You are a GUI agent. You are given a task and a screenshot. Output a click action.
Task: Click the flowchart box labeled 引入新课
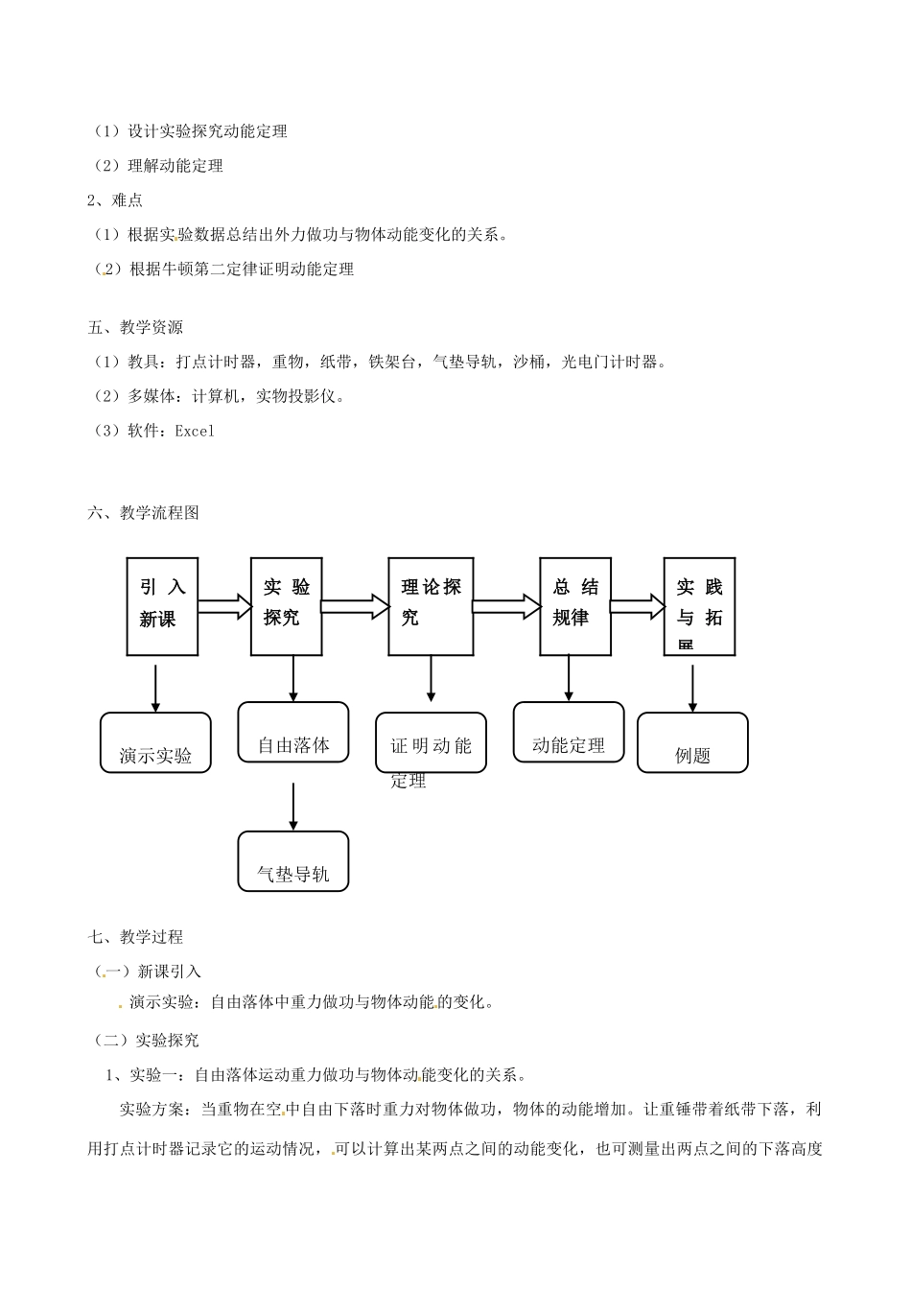(162, 606)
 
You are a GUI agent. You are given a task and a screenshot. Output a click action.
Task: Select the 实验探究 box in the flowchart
(286, 606)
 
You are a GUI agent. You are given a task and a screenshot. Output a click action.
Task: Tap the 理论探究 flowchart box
(431, 606)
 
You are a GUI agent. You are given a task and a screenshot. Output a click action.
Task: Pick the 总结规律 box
(574, 606)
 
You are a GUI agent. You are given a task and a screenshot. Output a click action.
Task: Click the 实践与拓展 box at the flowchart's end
(699, 606)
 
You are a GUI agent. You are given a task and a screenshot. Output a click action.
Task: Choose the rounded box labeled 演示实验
(155, 743)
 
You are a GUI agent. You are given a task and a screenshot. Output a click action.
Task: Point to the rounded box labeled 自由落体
(293, 733)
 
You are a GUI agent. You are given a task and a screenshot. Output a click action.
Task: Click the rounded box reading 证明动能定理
(431, 743)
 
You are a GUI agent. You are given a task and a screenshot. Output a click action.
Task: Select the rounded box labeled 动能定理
(569, 733)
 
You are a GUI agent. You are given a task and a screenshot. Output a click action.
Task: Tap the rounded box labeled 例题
(692, 743)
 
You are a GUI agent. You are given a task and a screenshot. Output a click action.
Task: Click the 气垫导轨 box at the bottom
(293, 861)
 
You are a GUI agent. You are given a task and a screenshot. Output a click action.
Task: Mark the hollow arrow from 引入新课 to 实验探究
(224, 606)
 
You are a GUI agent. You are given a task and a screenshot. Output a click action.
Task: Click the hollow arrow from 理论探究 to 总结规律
(506, 606)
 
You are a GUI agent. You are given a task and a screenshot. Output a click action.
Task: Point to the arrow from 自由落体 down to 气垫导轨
(293, 806)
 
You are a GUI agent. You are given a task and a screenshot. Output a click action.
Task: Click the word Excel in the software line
(195, 432)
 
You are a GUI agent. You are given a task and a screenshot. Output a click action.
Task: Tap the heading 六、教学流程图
(144, 513)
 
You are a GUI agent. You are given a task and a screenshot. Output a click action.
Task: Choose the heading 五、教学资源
(135, 328)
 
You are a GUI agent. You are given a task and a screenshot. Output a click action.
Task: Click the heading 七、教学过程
(135, 937)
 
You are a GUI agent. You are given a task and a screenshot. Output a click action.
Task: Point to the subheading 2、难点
(115, 200)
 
